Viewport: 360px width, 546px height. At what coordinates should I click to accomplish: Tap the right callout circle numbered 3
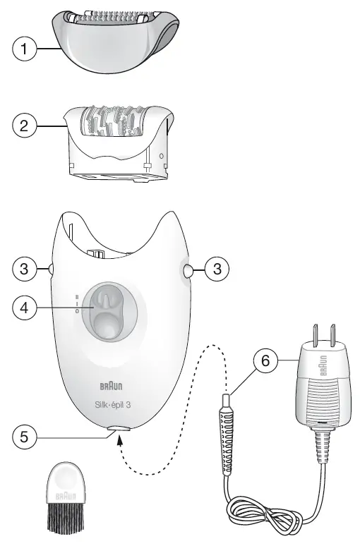tap(217, 268)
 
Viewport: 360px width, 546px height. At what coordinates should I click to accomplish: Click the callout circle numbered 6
tap(265, 361)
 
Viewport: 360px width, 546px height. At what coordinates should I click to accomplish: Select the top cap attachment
tap(116, 42)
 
